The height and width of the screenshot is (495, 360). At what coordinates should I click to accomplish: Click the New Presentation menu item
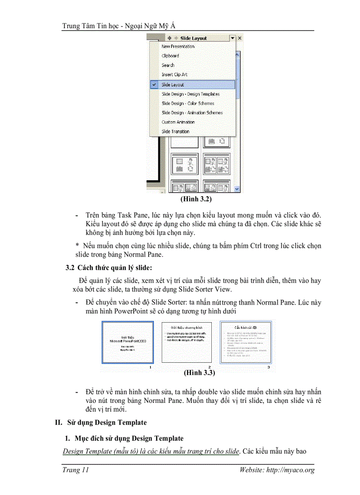(x=178, y=46)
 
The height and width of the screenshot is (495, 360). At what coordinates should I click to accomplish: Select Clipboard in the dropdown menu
(x=170, y=56)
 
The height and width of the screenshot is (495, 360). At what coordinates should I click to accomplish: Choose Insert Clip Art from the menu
(x=174, y=74)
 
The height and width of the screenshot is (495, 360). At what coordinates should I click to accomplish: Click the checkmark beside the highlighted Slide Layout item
(x=154, y=84)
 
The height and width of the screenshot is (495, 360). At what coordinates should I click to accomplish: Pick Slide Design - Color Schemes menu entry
(x=187, y=103)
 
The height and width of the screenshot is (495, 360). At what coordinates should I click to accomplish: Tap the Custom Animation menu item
(x=178, y=122)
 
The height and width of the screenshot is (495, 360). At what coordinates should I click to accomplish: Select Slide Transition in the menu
(x=175, y=131)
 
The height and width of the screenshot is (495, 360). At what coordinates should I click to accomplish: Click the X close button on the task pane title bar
(x=240, y=38)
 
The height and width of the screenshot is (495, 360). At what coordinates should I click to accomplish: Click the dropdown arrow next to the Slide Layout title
(x=232, y=38)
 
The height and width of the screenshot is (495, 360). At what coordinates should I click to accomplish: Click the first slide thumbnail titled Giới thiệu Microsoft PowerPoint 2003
(x=127, y=342)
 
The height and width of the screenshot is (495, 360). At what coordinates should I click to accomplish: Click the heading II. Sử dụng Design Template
(x=101, y=422)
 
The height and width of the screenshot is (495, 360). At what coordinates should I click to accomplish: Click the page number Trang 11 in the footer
(x=76, y=470)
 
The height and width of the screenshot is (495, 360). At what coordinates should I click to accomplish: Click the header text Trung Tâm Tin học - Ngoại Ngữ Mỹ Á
(x=122, y=26)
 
